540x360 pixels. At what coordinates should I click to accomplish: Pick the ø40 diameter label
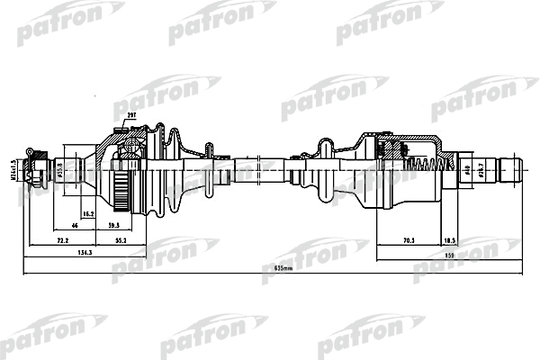(x=467, y=167)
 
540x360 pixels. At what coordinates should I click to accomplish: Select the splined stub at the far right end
(x=510, y=168)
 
